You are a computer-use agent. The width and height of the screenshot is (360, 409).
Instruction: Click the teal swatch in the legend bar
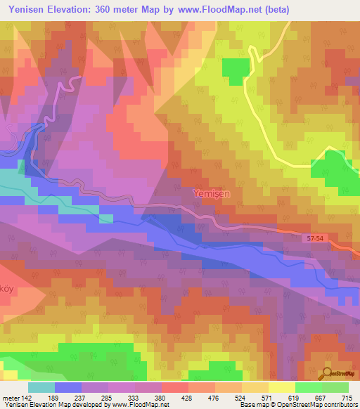point(41,387)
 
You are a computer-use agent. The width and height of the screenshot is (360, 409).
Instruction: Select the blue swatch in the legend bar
point(68,387)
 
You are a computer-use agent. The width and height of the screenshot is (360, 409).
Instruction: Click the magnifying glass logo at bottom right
point(327,372)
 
